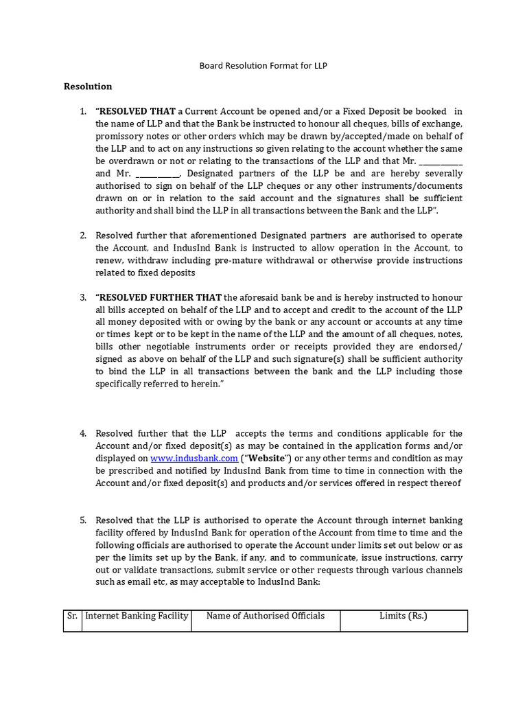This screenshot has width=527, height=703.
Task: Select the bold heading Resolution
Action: [88, 87]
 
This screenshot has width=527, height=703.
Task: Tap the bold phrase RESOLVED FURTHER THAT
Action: [161, 297]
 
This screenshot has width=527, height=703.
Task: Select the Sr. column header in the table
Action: [73, 616]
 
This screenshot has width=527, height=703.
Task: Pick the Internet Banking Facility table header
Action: [137, 616]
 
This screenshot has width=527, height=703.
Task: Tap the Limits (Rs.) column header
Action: [403, 616]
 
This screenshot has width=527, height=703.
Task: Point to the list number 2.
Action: [82, 235]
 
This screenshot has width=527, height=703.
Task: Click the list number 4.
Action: [82, 433]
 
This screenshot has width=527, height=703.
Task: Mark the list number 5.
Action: [82, 520]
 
